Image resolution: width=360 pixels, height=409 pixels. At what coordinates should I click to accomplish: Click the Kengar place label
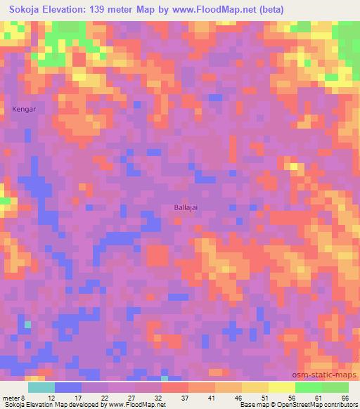tap(23, 109)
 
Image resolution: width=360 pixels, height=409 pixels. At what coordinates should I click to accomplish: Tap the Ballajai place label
tap(186, 207)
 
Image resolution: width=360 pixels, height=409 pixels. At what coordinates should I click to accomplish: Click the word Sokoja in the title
tap(26, 9)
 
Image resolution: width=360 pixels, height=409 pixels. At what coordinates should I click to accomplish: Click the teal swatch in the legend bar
tap(41, 387)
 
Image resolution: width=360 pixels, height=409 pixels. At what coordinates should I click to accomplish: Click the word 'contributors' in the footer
tap(338, 405)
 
